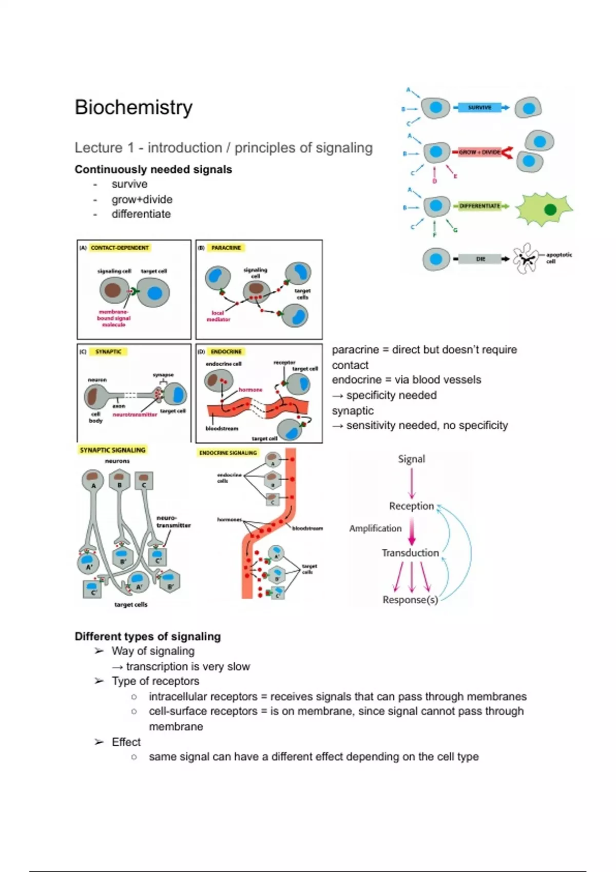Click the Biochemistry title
coord(133,107)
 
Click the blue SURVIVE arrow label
coord(479,108)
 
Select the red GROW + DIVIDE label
coord(479,152)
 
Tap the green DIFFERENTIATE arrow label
coord(479,206)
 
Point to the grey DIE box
coord(480,259)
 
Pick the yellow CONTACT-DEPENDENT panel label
coord(120,248)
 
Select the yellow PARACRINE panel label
coord(226,248)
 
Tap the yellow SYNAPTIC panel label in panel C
coord(108,352)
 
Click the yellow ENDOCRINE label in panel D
coord(226,352)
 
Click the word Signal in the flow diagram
coord(412,459)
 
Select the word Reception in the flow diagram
coord(411,506)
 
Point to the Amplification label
coord(375,528)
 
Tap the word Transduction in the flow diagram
coord(410,553)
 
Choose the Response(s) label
coord(410,600)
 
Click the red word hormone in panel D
coord(251,390)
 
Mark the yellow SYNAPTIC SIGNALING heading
coord(112,450)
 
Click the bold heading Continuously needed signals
coord(153,169)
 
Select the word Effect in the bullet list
coord(126,742)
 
